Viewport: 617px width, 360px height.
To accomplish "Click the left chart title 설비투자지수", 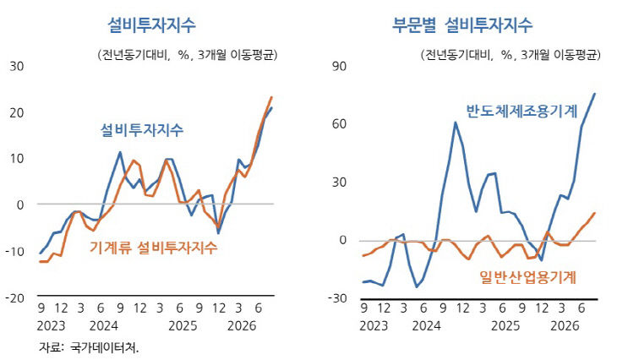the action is point(151,25).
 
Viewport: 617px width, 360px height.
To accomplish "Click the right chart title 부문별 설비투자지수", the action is point(462,25).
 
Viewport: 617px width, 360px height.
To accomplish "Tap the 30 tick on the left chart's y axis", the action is point(17,66).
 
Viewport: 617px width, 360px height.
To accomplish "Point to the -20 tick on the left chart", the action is point(14,297).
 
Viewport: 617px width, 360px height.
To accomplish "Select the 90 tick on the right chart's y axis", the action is point(339,66).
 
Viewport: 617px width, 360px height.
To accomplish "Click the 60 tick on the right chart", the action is point(339,124).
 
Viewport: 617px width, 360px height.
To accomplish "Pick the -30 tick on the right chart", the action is point(337,298).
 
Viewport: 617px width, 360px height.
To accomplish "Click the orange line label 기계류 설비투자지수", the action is point(153,248).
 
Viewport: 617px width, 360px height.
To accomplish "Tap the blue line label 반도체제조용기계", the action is point(521,111).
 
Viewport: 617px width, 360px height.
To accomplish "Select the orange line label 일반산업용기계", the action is point(527,277).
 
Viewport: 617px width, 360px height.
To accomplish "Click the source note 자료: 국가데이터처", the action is point(89,347).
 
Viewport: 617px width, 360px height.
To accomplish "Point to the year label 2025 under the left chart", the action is point(183,325).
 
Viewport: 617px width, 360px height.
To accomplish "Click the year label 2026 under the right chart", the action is point(565,325).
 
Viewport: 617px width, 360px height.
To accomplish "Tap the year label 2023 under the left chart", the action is point(52,325).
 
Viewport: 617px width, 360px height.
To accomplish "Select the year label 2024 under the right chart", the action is point(427,325).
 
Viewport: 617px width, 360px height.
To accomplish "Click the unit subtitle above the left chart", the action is point(188,55).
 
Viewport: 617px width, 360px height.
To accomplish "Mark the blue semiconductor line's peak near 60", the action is point(456,123).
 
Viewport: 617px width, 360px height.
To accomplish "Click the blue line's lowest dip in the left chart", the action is point(218,233).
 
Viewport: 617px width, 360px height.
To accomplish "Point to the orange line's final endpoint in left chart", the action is point(271,97).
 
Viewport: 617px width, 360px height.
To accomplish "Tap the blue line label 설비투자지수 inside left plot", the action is point(142,130).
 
